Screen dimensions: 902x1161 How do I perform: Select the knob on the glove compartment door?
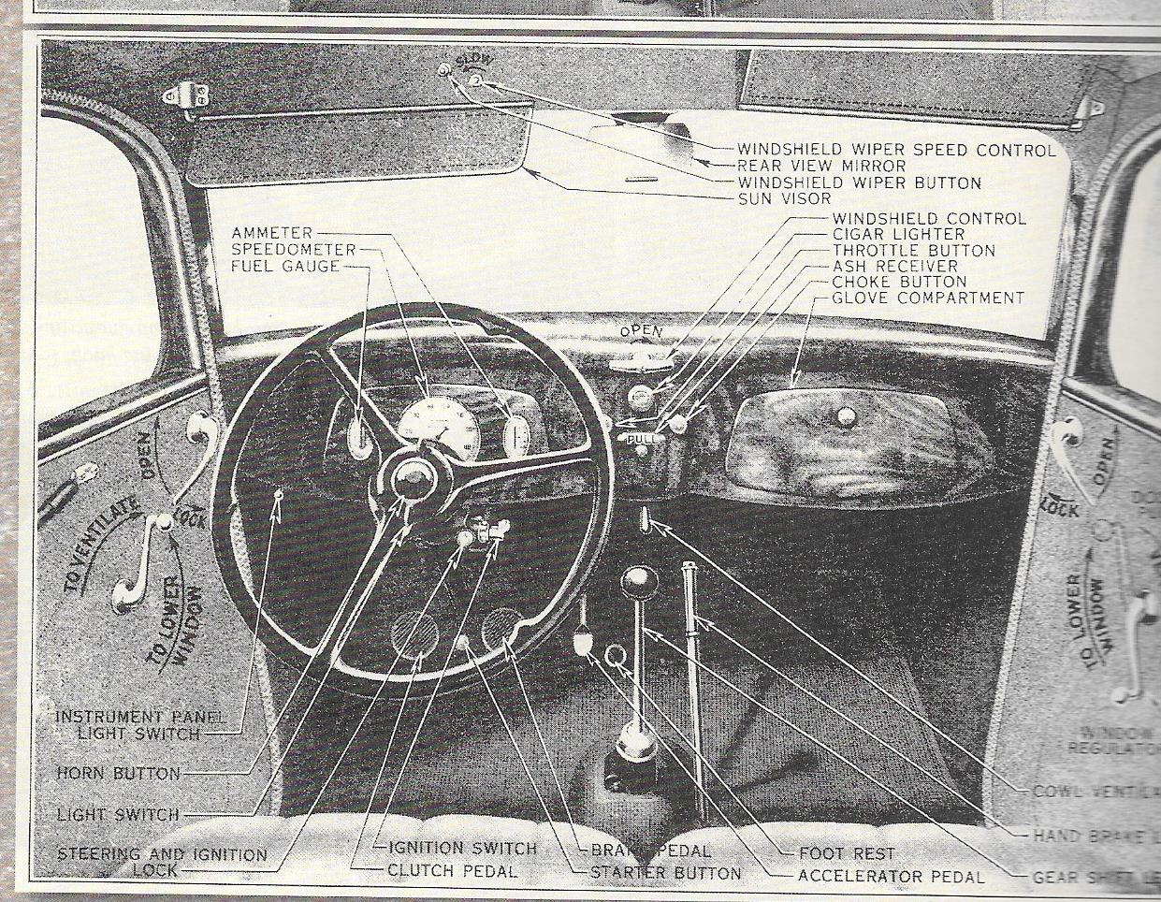846,417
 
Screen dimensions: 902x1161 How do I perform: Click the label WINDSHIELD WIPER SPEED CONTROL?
896,150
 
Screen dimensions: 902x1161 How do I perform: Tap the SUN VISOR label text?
784,199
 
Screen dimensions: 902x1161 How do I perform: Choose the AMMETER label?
272,233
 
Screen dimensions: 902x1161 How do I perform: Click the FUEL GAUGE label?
285,267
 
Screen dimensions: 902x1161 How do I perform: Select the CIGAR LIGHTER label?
898,235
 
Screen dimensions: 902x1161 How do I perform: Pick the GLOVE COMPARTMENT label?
928,298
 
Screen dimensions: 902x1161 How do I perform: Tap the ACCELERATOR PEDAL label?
890,877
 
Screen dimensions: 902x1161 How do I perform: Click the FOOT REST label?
847,853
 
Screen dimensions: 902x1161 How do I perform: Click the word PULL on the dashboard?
643,437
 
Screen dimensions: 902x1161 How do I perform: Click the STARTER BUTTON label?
665,873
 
